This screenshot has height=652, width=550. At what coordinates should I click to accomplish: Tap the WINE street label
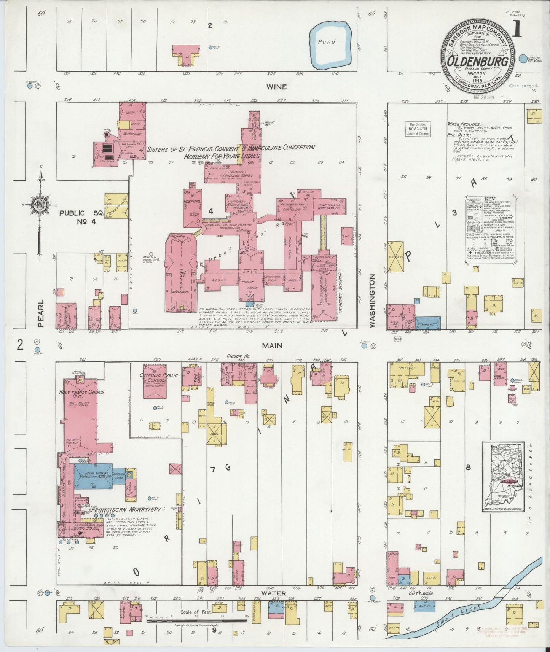[276, 87]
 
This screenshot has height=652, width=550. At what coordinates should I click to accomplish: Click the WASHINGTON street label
[372, 300]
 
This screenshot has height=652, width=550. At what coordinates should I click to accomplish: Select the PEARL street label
[41, 313]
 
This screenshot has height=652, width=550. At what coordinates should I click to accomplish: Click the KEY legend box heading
[489, 199]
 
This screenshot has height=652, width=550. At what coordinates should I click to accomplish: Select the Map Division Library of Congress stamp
[417, 129]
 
